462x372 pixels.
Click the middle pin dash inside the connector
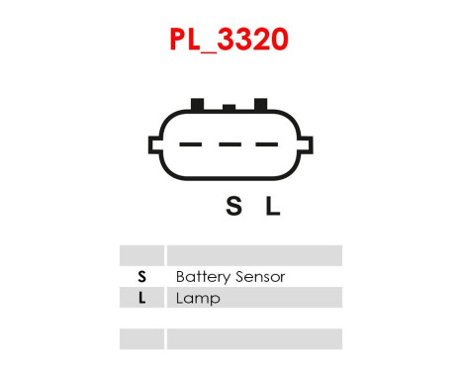(231, 146)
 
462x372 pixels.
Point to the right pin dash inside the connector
(265, 146)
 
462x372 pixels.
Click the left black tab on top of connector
(197, 104)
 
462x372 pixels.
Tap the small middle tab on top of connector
(230, 107)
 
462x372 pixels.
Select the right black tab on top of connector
(262, 104)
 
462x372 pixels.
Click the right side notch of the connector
(305, 145)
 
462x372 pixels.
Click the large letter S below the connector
(233, 207)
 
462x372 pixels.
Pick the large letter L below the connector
(273, 207)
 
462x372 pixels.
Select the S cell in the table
(141, 277)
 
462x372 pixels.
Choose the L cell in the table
(141, 298)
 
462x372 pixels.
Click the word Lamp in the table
(198, 298)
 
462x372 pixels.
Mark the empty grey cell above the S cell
(141, 255)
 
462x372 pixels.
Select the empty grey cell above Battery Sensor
(254, 255)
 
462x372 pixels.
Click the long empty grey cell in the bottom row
(254, 339)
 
